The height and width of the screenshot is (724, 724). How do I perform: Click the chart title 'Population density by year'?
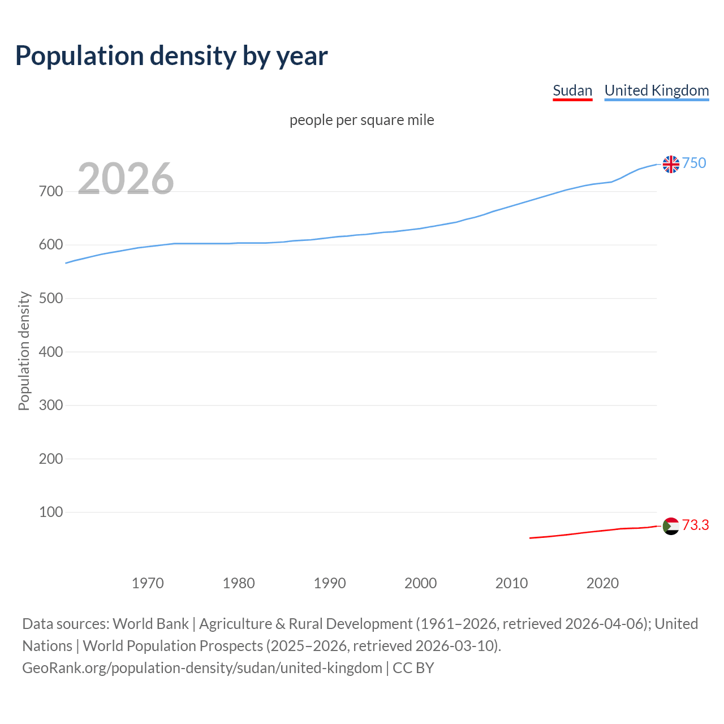point(171,55)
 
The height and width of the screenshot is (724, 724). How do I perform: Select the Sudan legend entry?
point(572,90)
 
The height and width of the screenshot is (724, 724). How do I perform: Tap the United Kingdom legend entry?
point(656,90)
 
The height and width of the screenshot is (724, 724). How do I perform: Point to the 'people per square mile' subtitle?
point(361,120)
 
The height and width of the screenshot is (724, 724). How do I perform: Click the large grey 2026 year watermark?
point(126,179)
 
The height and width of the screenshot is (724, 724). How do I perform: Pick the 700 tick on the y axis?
point(50,191)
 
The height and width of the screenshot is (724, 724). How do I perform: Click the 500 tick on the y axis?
point(50,298)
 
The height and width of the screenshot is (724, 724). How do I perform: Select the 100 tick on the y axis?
point(50,512)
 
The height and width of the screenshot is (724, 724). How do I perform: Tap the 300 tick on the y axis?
point(50,405)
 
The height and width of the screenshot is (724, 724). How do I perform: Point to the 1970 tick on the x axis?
point(148,583)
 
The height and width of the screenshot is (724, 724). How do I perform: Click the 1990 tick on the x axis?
point(330,583)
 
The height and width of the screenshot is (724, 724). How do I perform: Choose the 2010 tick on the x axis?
point(511,583)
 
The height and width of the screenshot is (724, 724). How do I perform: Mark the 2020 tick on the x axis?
point(602,583)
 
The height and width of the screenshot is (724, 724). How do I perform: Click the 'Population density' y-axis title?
point(24,351)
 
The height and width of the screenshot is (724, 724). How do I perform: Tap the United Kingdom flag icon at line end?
point(671,164)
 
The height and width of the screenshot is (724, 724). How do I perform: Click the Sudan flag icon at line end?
point(671,526)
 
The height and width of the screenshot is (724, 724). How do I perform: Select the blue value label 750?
point(694,163)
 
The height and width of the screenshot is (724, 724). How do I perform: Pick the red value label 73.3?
point(695,525)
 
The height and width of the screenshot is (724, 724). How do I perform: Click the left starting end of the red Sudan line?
point(531,538)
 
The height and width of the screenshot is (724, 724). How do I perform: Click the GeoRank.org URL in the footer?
point(202,667)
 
